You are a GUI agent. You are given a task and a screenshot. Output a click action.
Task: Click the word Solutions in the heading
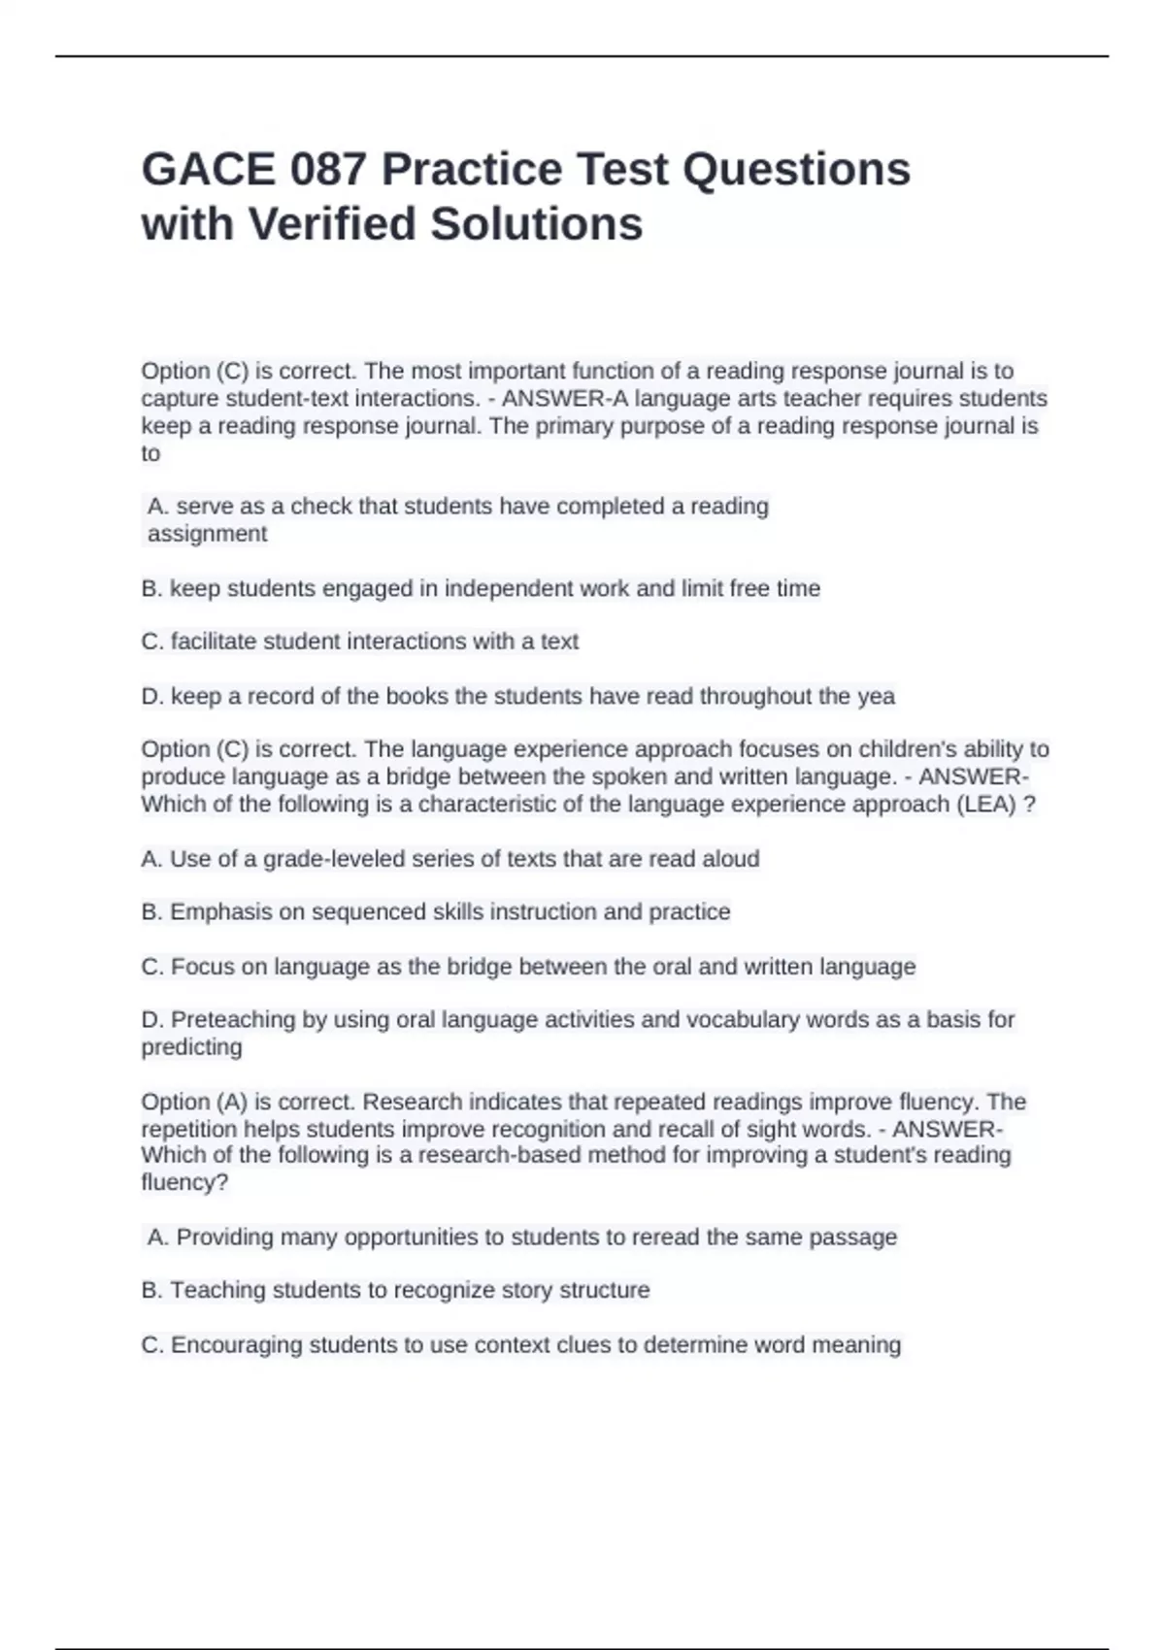pos(536,224)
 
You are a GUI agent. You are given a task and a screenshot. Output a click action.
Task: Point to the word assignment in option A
pos(207,534)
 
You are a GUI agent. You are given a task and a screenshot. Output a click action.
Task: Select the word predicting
pos(191,1047)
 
